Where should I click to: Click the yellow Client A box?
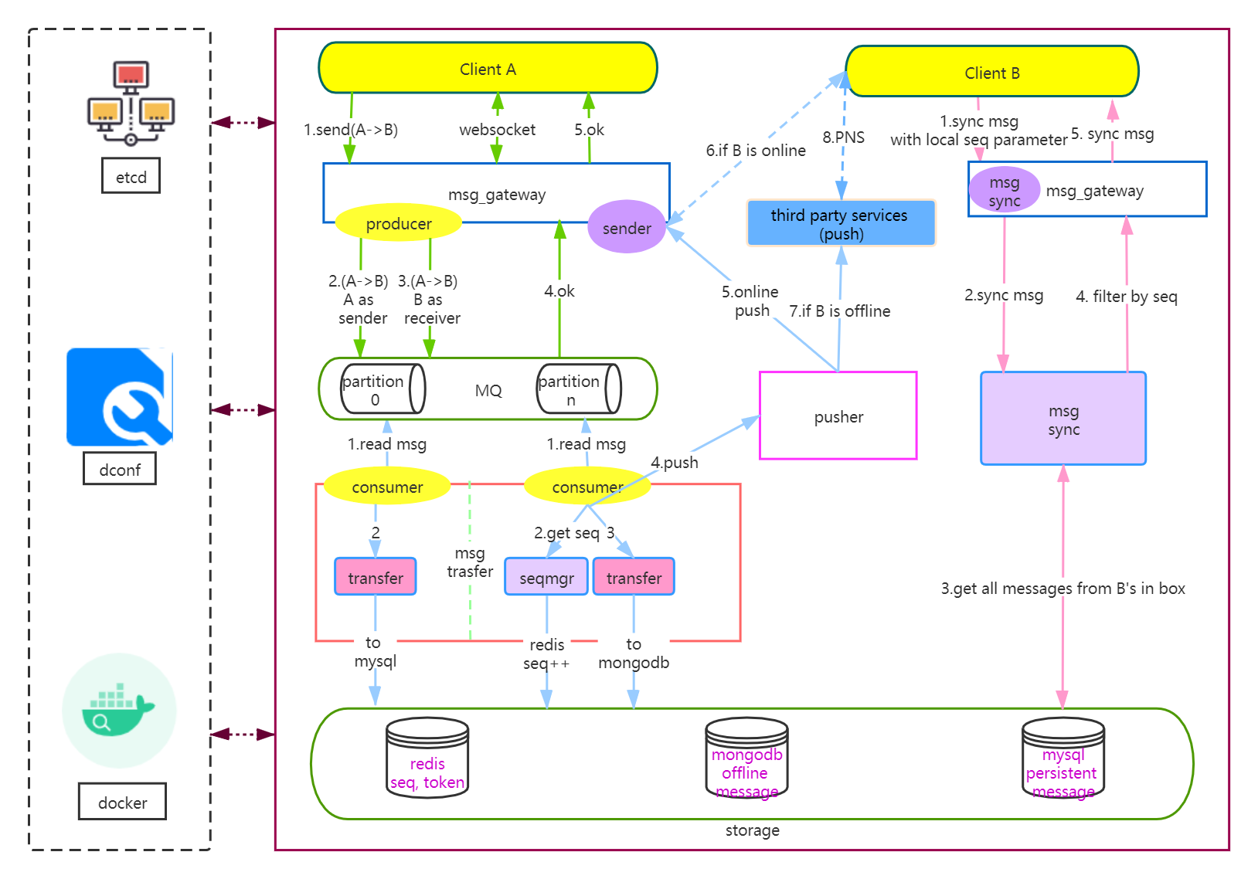pos(488,69)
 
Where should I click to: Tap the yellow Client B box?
pos(991,73)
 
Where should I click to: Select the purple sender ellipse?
pos(627,228)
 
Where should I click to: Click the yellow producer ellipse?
pos(399,223)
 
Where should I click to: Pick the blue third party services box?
pos(841,223)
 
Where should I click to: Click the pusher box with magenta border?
pos(838,416)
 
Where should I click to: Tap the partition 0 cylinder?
pos(382,389)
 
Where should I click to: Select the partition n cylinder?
pos(579,389)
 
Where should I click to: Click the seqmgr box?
pos(546,578)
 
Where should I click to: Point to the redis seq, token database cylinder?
pos(427,759)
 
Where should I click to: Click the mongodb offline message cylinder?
pos(746,759)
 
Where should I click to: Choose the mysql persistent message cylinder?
pos(1062,759)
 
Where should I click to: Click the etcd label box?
pos(131,176)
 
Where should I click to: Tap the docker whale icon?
pos(119,709)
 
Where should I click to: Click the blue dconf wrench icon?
pos(119,396)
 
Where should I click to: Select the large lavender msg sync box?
pos(1062,419)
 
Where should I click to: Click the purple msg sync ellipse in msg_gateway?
pos(1004,190)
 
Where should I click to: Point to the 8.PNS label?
pos(843,137)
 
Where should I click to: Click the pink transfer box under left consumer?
pos(375,577)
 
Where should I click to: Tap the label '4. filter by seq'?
pos(1126,297)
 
